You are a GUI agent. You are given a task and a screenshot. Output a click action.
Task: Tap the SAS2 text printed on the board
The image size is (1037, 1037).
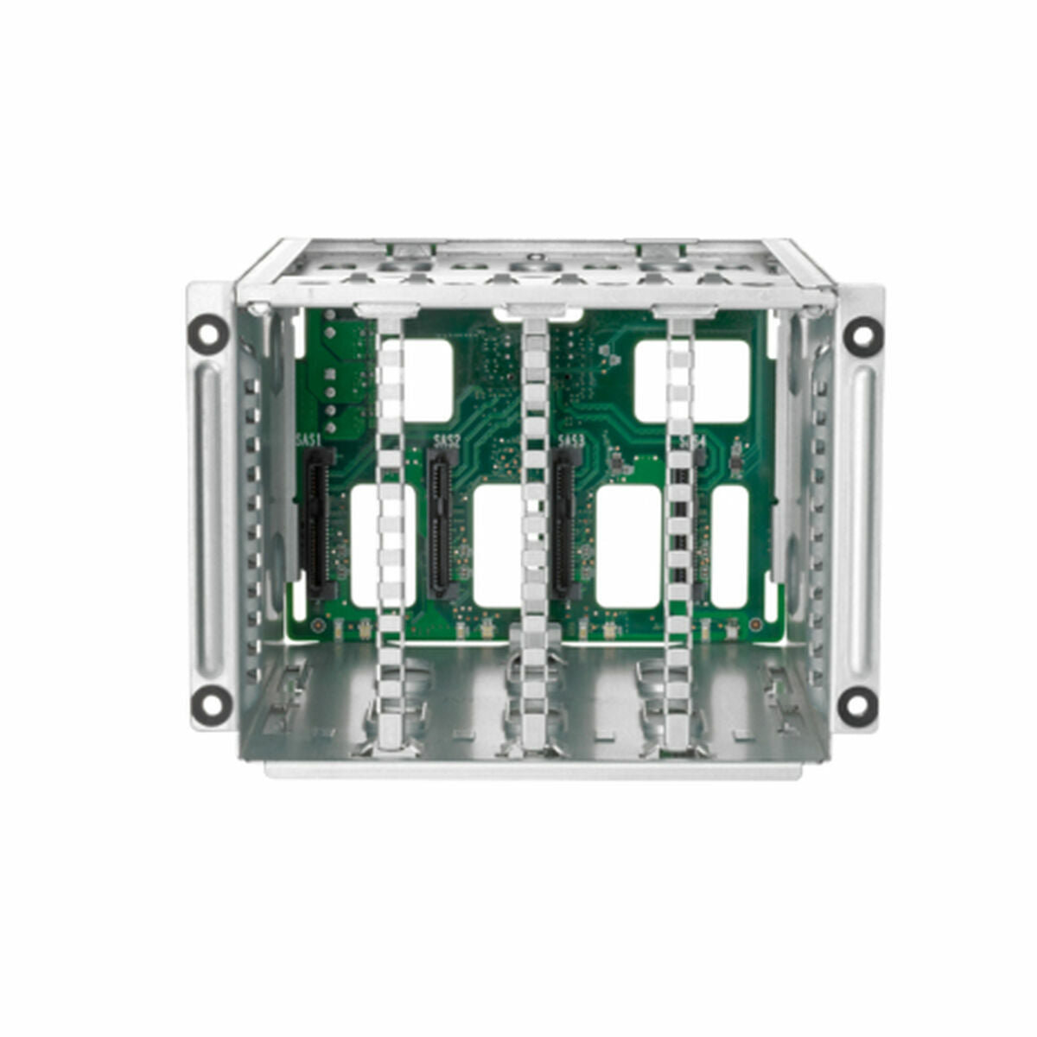pos(446,442)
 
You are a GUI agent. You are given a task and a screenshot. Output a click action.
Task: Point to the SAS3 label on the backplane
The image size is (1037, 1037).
pos(570,442)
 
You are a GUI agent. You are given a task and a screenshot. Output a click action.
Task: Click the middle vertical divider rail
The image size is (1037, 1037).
pos(534,518)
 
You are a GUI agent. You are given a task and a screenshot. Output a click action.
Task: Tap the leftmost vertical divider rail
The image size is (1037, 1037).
pos(391,518)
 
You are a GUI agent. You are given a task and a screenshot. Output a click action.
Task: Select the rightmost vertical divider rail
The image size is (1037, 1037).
pos(680,518)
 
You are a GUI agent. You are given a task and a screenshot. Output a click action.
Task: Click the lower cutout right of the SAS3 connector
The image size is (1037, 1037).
pos(628,544)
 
